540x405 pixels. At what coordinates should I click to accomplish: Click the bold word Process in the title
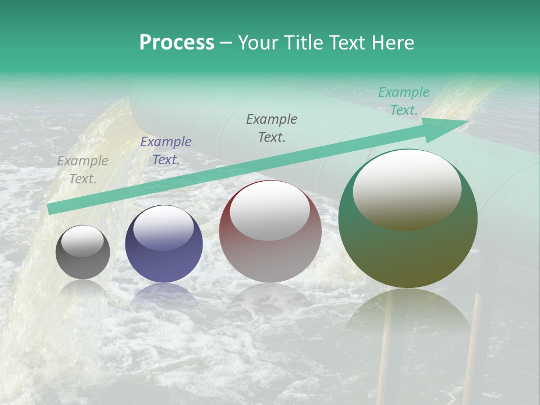pyautogui.click(x=177, y=42)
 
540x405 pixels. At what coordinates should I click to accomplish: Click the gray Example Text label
pyautogui.click(x=83, y=170)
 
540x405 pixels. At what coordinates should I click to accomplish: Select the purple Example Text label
pyautogui.click(x=166, y=151)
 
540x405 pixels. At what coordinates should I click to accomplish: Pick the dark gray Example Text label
pyautogui.click(x=272, y=128)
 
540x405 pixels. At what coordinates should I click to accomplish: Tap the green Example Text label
pyautogui.click(x=404, y=101)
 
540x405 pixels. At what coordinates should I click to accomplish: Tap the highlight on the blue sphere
pyautogui.click(x=164, y=228)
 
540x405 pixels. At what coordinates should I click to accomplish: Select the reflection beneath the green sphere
pyautogui.click(x=408, y=315)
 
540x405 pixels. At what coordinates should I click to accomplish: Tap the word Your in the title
pyautogui.click(x=259, y=42)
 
